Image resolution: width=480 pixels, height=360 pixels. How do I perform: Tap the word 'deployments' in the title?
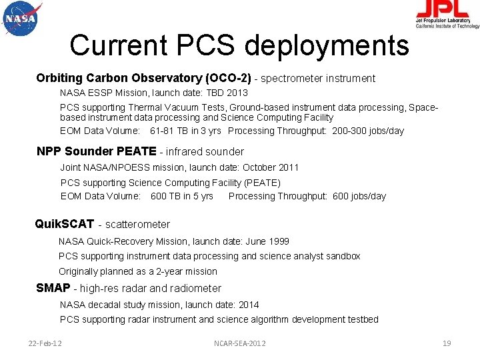click(327, 45)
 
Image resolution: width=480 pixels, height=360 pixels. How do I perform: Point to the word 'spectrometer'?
click(293, 79)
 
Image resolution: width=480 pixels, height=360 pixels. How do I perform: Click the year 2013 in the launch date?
click(237, 93)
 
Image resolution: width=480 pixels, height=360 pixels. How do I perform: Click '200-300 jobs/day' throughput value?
click(368, 131)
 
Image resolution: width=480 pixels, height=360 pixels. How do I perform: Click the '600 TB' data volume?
click(165, 196)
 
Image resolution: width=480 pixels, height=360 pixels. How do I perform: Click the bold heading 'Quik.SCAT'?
click(64, 224)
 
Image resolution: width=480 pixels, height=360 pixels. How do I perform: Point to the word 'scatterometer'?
click(137, 225)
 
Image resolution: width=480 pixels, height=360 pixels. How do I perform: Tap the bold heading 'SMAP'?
click(53, 288)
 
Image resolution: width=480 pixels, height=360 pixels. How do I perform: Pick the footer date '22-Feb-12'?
click(45, 343)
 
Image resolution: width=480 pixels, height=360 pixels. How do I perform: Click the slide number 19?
click(447, 343)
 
